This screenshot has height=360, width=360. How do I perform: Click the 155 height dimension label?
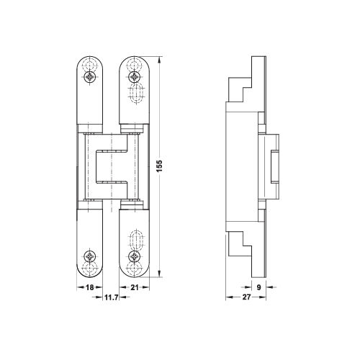coord(159,166)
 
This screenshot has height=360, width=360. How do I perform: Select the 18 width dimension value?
coord(89,287)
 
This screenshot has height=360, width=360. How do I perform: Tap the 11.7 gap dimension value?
coord(111,297)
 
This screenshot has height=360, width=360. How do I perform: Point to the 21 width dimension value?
coord(135,287)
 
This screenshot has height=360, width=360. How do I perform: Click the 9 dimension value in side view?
coord(258,287)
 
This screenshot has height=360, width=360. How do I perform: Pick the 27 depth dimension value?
coord(246,297)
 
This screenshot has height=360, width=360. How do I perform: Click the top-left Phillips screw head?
coord(90,77)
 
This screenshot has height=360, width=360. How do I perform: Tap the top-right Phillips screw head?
coord(135,77)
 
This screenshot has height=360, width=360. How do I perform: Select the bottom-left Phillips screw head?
coord(90,256)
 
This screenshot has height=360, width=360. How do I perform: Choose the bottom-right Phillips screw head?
coord(135,256)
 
